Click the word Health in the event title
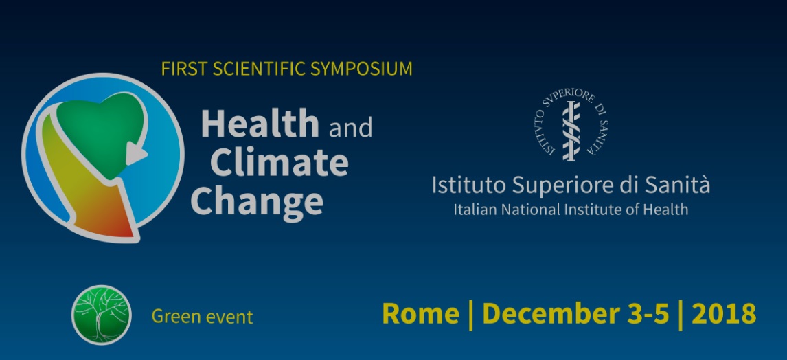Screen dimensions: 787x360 [260, 124]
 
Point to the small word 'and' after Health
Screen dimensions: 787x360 [350, 128]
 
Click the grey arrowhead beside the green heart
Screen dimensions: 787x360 [136, 153]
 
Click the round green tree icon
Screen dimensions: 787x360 [102, 315]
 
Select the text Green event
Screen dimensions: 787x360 [203, 317]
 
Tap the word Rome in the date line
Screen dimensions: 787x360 [420, 314]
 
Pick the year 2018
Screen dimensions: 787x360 [724, 314]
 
